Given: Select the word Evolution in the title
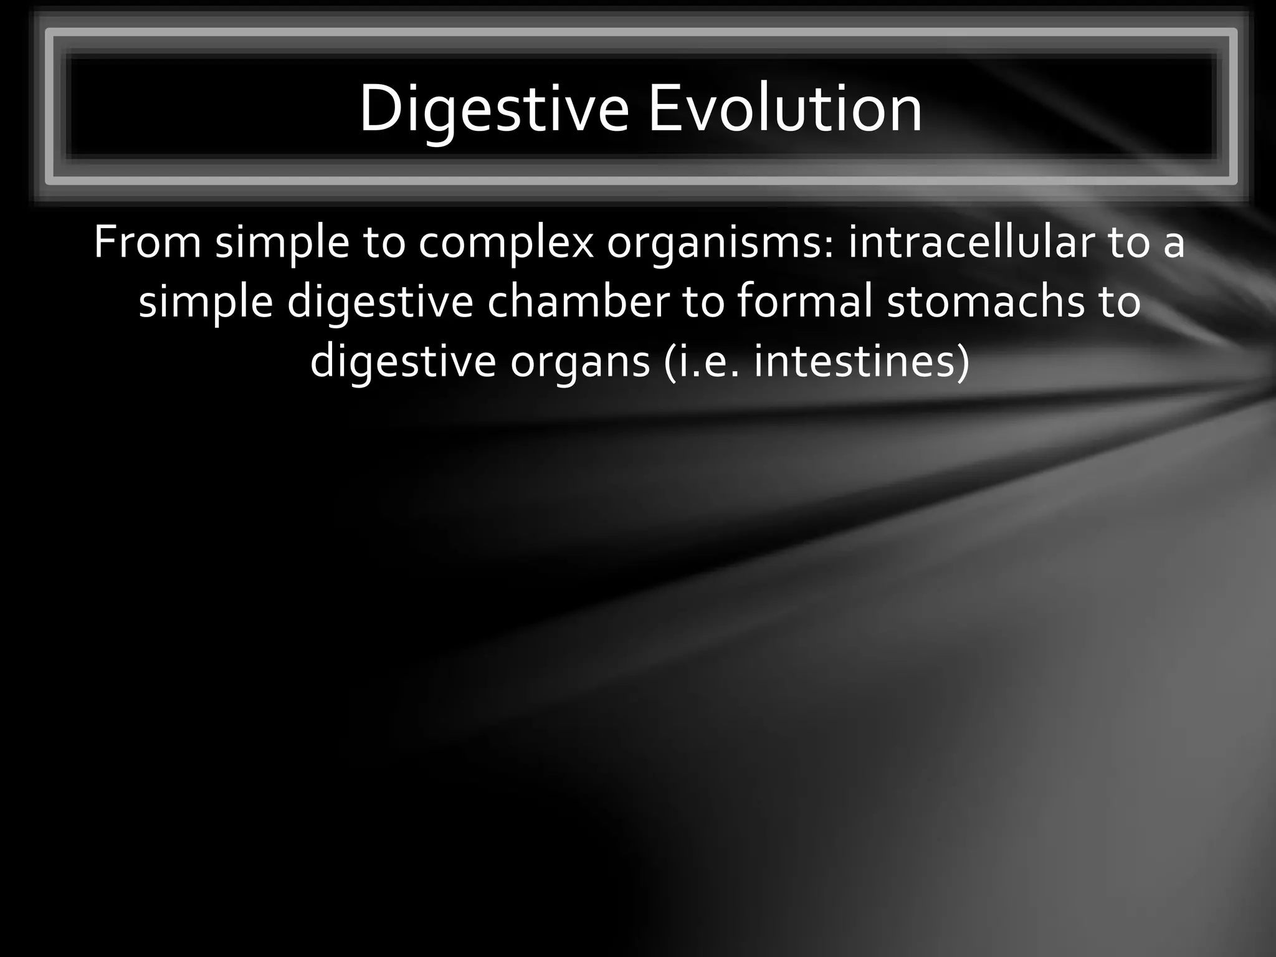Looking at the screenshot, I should click(x=785, y=109).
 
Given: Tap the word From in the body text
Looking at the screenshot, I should click(x=147, y=242).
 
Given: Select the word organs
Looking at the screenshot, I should click(x=580, y=362).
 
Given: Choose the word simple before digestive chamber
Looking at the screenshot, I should click(x=206, y=302).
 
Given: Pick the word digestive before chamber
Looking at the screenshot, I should click(x=380, y=302).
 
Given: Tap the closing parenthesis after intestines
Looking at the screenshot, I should click(x=963, y=362).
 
